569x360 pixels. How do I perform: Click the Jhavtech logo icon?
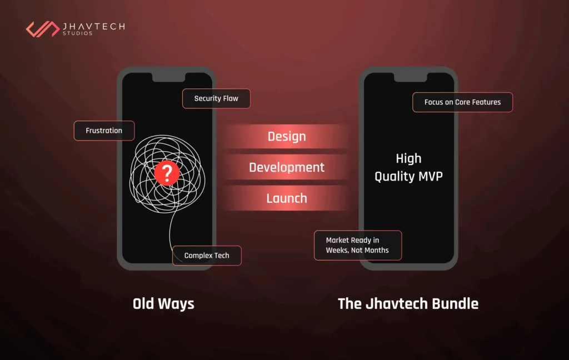click(42, 29)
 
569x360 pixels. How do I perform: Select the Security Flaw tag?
click(216, 98)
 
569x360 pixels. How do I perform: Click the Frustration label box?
click(104, 131)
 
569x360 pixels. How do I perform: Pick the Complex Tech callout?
click(207, 256)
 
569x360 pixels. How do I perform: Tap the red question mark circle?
click(166, 174)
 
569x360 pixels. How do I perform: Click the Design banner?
click(287, 137)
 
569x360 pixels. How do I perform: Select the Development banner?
click(287, 167)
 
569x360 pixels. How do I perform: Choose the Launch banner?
click(287, 198)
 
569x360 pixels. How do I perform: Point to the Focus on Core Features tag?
click(462, 102)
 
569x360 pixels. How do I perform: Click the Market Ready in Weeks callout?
click(357, 245)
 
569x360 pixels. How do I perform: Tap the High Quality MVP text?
click(408, 168)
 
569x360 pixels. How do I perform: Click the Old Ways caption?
click(163, 304)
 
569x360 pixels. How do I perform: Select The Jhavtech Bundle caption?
click(408, 304)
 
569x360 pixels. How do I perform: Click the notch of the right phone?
click(408, 77)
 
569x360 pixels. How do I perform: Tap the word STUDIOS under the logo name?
click(78, 33)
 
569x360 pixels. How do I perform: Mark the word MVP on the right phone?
click(428, 177)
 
